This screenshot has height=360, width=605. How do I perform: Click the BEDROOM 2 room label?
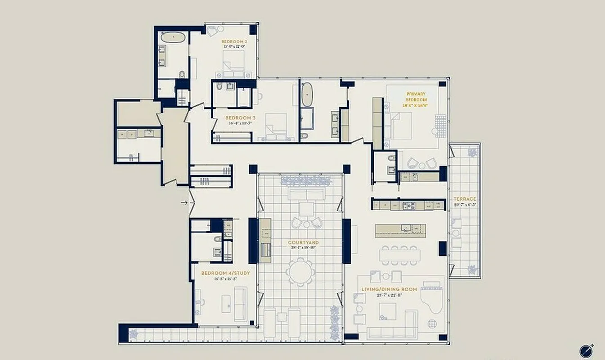click(x=234, y=41)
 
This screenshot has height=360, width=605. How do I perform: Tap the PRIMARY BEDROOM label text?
click(x=416, y=97)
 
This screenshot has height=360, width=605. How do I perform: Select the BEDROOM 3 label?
click(x=238, y=118)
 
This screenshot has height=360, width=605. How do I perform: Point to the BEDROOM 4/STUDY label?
click(x=225, y=273)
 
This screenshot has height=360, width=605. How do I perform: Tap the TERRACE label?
click(x=465, y=199)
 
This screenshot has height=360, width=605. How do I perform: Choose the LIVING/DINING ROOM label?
click(x=389, y=289)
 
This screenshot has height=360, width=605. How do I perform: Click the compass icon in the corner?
click(x=586, y=350)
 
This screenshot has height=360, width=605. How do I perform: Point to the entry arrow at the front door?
click(x=184, y=203)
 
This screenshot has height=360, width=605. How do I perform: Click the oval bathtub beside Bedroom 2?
click(x=170, y=37)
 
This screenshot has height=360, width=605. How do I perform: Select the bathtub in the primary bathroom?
click(x=307, y=94)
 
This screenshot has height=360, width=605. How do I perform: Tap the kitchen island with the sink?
click(x=400, y=229)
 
